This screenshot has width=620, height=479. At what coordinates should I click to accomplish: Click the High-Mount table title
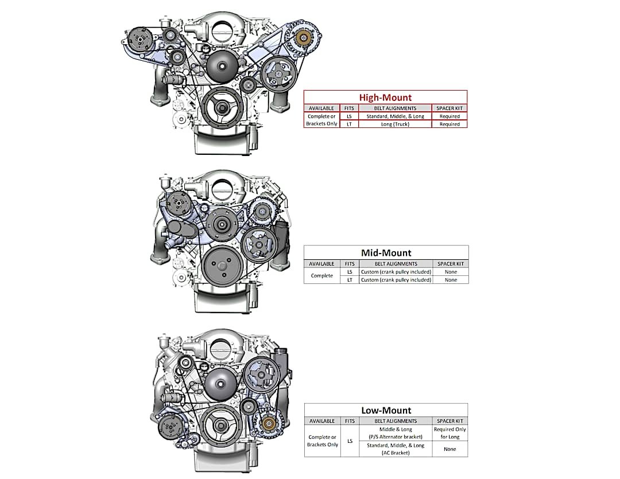(385, 98)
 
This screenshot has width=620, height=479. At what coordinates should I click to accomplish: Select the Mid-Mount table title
(386, 253)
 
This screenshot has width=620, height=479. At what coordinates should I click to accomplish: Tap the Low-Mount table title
(386, 410)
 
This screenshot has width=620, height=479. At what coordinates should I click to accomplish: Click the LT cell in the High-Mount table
(349, 124)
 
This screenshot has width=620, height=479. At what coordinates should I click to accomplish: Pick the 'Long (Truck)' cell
(395, 124)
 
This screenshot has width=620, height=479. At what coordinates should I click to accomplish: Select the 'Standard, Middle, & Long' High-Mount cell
(395, 116)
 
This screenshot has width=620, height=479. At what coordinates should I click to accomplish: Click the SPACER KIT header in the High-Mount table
(449, 108)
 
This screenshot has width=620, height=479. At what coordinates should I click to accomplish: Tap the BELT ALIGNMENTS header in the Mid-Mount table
(396, 264)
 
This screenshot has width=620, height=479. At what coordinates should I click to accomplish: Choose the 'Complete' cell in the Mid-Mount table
(322, 276)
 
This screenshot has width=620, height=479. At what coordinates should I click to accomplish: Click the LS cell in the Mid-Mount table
(350, 272)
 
